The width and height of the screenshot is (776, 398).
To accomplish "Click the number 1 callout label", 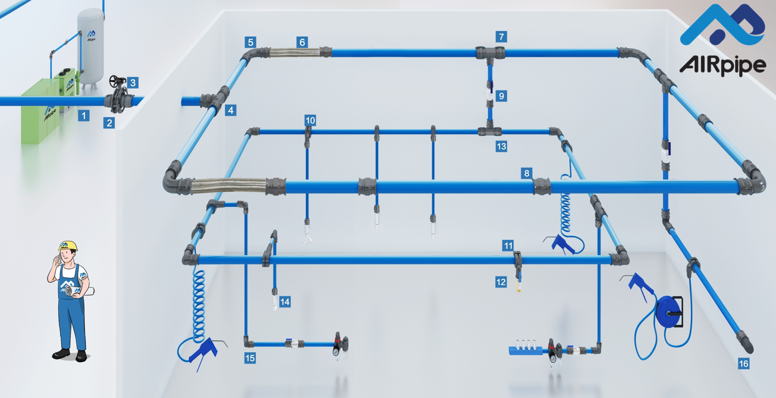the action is (x=83, y=115).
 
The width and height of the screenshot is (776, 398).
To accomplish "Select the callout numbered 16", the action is (x=743, y=363).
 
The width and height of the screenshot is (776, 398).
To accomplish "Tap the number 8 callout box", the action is (x=527, y=173).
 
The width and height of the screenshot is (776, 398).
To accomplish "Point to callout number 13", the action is (x=501, y=146).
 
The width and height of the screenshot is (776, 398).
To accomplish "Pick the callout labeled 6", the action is (x=302, y=42).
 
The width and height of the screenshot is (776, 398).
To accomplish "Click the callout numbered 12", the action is (x=501, y=282).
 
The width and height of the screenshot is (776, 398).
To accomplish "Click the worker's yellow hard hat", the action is (x=68, y=245).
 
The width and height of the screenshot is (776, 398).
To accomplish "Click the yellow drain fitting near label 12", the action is (x=518, y=288).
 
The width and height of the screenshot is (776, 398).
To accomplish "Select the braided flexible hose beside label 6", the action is (x=295, y=53).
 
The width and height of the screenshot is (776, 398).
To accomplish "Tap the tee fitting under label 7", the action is (x=490, y=54).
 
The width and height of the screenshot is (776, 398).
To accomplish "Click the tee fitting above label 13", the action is (x=490, y=130).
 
